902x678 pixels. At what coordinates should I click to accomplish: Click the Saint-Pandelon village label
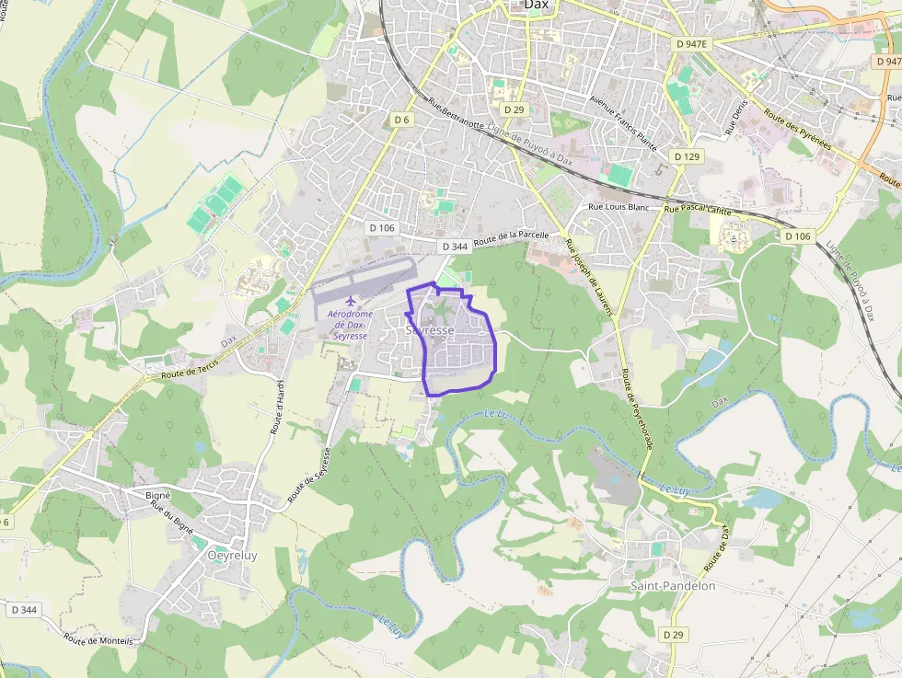(x=672, y=586)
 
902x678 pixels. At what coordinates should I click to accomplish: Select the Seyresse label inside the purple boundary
(x=430, y=329)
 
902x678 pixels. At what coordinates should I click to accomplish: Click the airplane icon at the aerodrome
(x=350, y=301)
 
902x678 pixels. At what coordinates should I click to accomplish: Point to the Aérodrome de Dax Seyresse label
(x=350, y=325)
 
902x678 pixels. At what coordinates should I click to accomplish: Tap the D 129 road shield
(x=687, y=157)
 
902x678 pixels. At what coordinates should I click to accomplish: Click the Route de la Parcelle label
(x=512, y=239)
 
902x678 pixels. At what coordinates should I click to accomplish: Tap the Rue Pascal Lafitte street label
(x=697, y=210)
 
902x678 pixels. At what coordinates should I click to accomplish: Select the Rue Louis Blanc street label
(x=619, y=207)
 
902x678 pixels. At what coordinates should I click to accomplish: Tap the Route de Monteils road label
(x=98, y=638)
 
